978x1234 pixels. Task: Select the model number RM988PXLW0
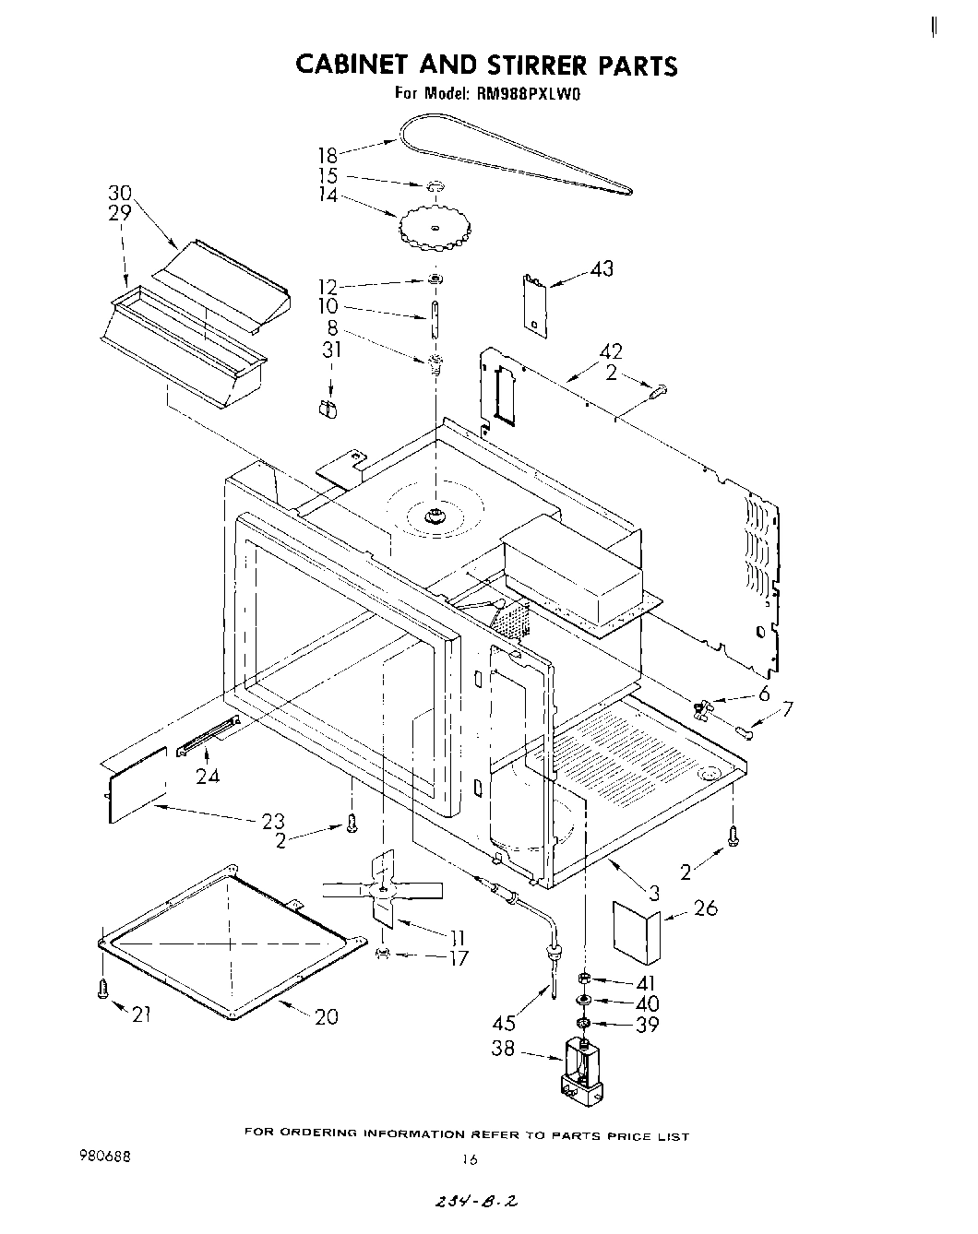tap(528, 92)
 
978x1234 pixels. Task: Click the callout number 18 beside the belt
tap(328, 156)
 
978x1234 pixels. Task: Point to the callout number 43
tap(602, 269)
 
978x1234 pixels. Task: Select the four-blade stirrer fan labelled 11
tap(382, 889)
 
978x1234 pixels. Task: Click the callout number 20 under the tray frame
tap(326, 1016)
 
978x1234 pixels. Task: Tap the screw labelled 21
tap(102, 990)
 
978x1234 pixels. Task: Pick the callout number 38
tap(503, 1049)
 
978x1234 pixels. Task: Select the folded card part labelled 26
tap(638, 932)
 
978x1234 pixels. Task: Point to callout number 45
tap(505, 1022)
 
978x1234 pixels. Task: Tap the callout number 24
tap(208, 776)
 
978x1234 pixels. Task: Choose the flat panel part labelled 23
tap(137, 785)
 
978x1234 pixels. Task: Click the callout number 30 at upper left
tap(120, 193)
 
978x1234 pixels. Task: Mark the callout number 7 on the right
tap(786, 709)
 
